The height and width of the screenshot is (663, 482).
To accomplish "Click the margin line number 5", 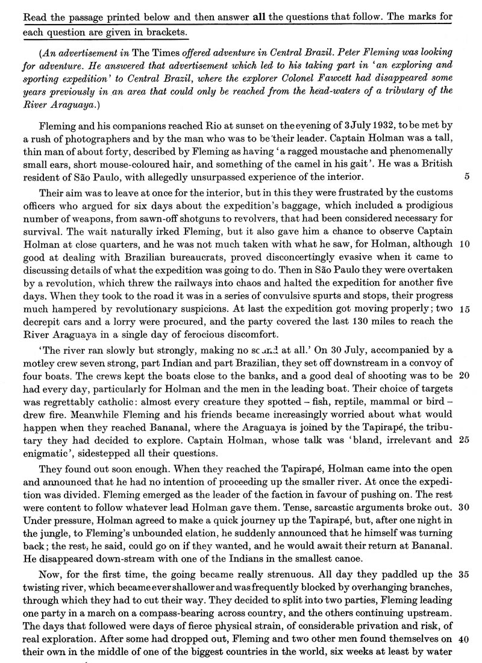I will point(468,164).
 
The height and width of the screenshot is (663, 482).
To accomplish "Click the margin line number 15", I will point(464,309).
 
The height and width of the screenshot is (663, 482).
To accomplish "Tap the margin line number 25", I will point(464,441).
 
